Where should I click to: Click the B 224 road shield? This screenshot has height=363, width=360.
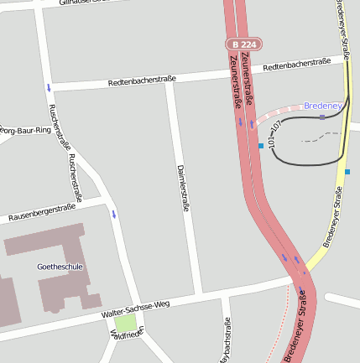(243, 44)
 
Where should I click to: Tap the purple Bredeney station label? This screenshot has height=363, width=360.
(323, 106)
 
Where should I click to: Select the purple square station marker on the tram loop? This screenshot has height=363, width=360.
(322, 117)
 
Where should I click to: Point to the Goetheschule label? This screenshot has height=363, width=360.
(59, 267)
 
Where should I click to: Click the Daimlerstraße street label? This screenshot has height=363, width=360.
(182, 187)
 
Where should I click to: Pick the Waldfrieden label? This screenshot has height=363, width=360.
(128, 334)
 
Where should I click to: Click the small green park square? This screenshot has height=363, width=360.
(126, 322)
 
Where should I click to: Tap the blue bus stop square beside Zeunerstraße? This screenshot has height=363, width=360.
(261, 146)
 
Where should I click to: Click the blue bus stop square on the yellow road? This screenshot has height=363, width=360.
(347, 172)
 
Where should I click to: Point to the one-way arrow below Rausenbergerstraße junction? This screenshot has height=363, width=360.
(113, 214)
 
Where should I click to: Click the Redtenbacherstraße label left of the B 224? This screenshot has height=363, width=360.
(142, 80)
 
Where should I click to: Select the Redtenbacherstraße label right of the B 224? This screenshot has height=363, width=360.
(295, 64)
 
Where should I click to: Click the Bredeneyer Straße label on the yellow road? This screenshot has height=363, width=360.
(334, 216)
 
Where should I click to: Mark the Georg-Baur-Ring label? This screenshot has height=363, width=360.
(25, 131)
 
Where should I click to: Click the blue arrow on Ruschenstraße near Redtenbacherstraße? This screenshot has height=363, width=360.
(49, 87)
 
